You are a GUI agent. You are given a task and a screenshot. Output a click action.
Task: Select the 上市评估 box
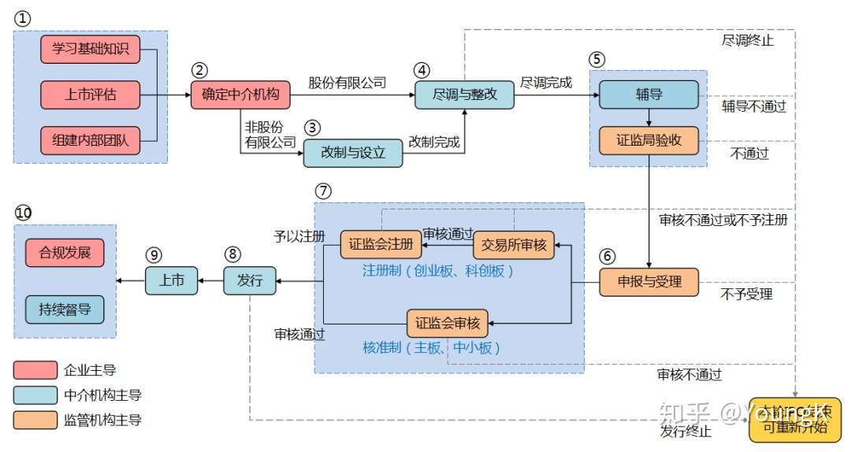point(90,95)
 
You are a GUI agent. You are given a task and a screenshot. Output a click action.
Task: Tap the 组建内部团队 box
point(90,141)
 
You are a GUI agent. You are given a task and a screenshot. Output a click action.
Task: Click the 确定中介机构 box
point(240,95)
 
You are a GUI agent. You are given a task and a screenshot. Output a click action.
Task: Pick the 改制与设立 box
point(353,153)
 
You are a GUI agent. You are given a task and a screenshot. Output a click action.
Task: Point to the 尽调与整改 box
point(464,95)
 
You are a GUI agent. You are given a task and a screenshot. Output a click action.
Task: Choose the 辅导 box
point(648,94)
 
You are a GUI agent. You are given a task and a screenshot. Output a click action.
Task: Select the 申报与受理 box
point(648,282)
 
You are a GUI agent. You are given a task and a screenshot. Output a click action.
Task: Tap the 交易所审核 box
point(514,245)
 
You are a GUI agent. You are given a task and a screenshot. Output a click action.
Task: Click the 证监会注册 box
point(381,245)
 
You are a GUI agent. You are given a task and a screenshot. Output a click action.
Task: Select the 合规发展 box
point(64,253)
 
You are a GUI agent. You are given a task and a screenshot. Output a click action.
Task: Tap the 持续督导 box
point(64,309)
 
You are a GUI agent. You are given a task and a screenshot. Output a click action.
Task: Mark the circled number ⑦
point(322,191)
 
